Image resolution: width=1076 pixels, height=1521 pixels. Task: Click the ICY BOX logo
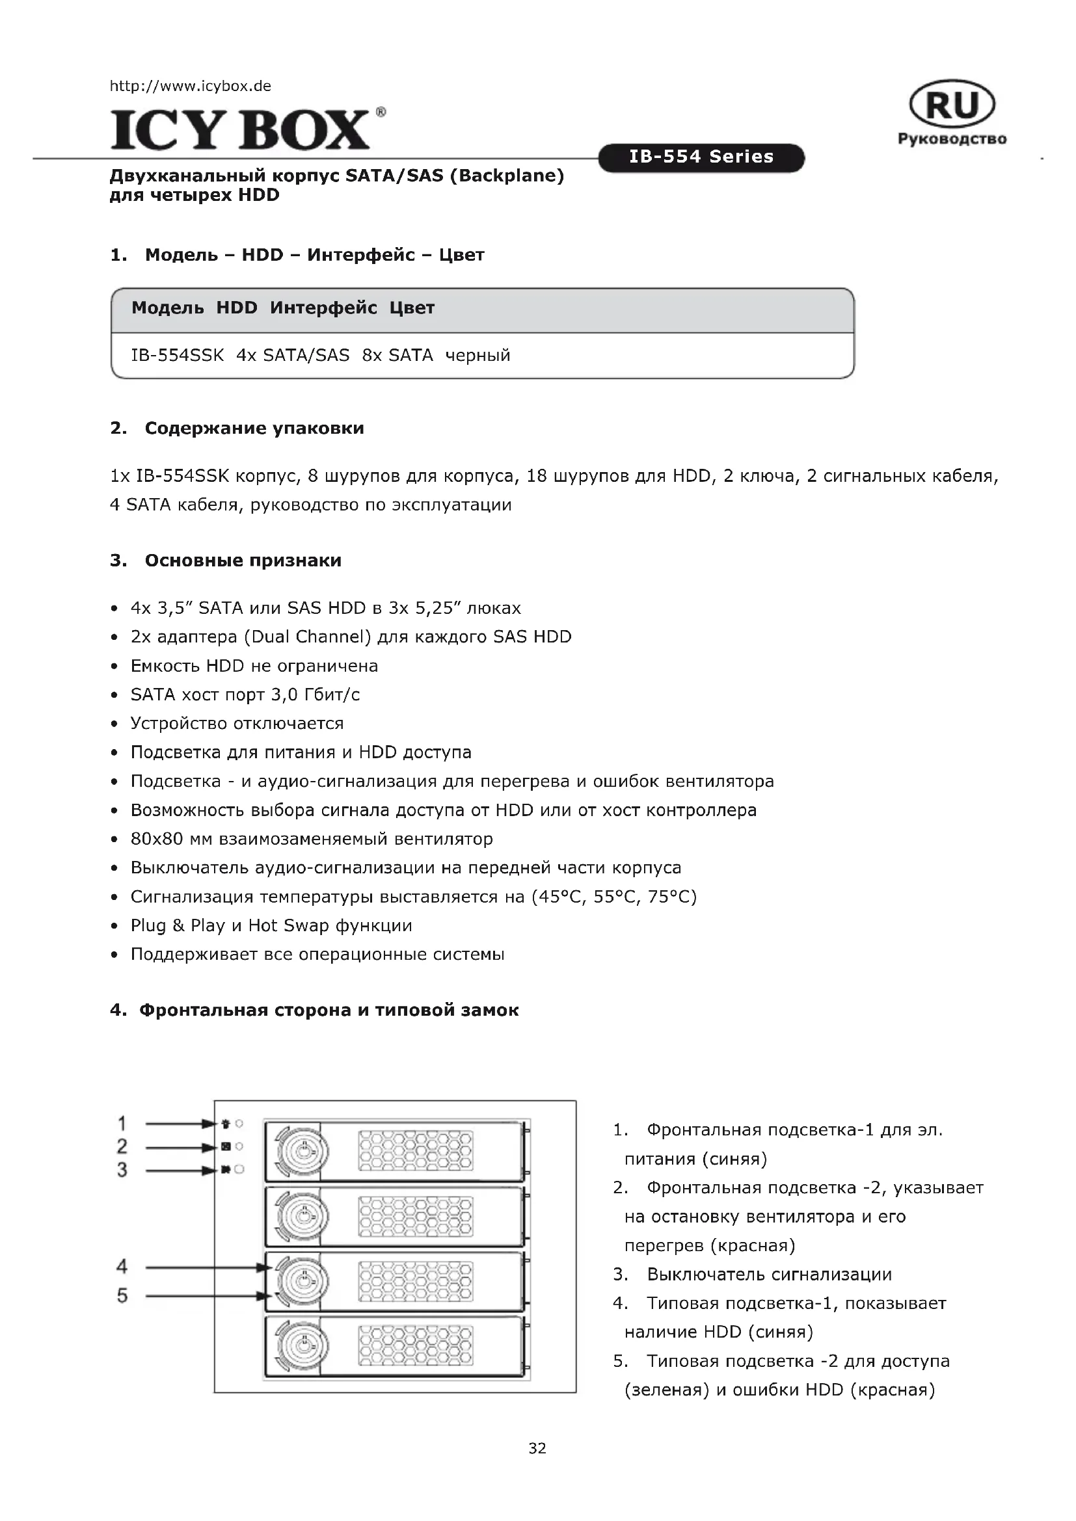(240, 129)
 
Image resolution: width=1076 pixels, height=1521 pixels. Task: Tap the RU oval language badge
(952, 105)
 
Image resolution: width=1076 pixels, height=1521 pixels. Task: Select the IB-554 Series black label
(701, 157)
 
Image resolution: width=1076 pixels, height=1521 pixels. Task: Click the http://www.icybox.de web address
(190, 86)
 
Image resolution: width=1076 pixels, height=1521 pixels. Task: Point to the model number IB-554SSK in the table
(178, 355)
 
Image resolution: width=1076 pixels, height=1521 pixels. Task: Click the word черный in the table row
(477, 355)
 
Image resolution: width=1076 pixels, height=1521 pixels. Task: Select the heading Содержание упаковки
(254, 428)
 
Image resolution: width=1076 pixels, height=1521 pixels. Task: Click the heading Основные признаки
(243, 561)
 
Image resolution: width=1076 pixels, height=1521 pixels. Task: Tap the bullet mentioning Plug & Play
(271, 925)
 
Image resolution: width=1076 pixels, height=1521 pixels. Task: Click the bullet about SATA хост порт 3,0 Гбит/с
(245, 694)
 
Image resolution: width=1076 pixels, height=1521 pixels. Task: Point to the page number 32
(537, 1448)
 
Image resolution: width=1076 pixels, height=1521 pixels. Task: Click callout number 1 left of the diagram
(122, 1124)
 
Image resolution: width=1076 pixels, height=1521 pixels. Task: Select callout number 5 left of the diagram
(122, 1296)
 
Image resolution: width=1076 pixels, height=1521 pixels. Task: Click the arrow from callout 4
(206, 1267)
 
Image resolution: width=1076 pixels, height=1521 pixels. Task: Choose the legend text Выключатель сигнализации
(768, 1274)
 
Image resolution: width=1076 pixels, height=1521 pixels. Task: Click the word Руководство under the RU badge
(952, 139)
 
